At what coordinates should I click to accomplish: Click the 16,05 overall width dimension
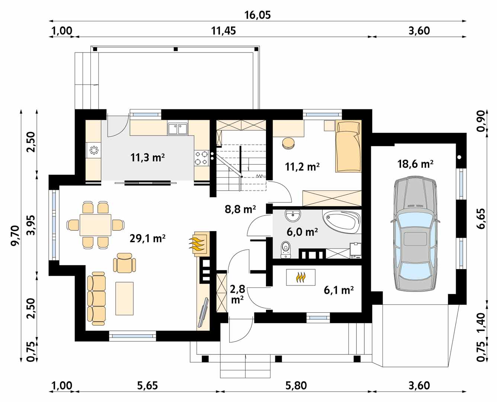(257, 15)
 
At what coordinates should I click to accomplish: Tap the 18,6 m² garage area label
(415, 164)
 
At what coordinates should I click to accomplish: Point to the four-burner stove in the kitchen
(201, 158)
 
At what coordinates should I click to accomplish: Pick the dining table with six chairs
(95, 225)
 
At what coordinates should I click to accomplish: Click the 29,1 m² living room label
(147, 239)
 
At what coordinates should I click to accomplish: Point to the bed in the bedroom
(348, 146)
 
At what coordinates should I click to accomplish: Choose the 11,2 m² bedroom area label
(302, 167)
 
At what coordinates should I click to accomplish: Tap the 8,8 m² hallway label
(240, 210)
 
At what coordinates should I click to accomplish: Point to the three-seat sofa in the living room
(96, 299)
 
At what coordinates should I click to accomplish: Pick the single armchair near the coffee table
(124, 263)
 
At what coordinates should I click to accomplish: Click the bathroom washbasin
(293, 216)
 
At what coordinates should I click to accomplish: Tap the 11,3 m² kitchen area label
(147, 158)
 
